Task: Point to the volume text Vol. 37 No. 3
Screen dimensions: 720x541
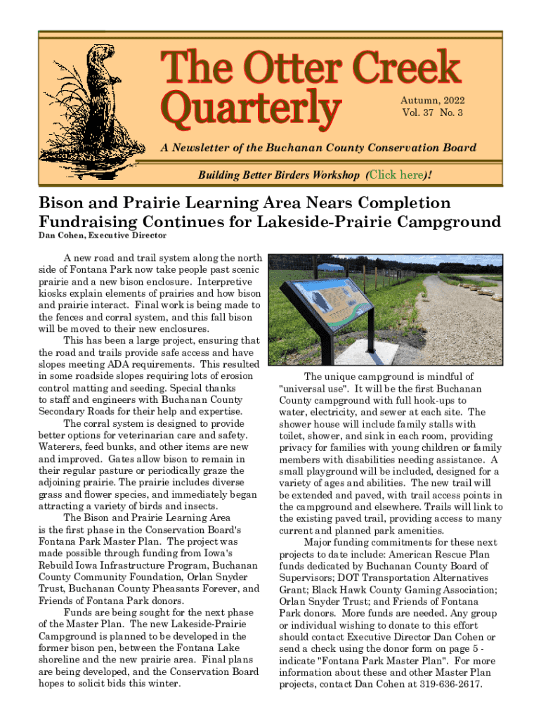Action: click(x=432, y=112)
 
